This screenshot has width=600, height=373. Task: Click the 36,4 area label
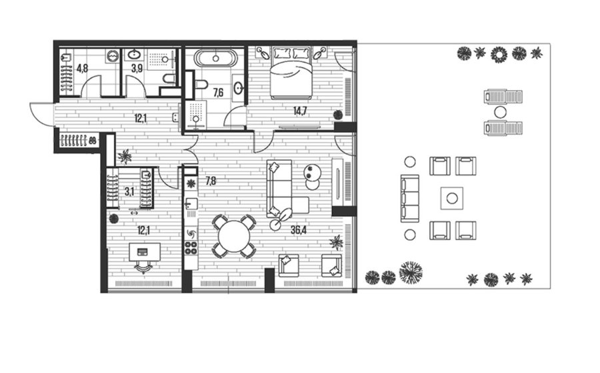tap(299, 230)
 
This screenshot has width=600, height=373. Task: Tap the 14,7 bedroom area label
tap(300, 111)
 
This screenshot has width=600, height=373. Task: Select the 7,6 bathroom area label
tap(218, 92)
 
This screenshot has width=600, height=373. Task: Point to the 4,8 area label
tap(82, 69)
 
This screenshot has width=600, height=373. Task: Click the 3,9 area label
tap(137, 69)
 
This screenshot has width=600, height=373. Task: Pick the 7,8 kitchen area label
tap(211, 180)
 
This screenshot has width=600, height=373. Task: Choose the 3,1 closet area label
tap(129, 192)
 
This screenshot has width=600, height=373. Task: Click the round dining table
tap(234, 236)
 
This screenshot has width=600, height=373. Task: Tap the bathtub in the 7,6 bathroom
tap(215, 59)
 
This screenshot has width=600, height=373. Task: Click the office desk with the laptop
tap(145, 251)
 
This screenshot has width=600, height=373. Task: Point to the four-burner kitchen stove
tap(191, 248)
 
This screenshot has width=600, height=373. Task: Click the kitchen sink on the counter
tap(191, 204)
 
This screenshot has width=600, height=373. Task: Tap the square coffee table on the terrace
tap(452, 198)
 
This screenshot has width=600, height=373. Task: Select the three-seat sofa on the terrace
tap(410, 198)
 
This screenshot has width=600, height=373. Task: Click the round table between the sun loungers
tap(500, 112)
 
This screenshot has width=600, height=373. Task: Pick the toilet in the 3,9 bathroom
tap(169, 79)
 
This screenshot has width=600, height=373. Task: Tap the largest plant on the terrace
tap(411, 272)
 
